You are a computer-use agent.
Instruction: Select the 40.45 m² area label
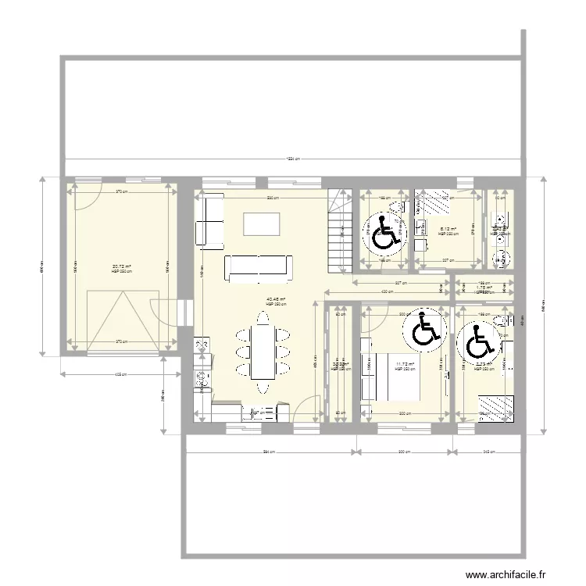(276, 298)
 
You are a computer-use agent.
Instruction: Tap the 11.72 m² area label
(404, 364)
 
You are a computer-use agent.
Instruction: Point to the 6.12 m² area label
(447, 230)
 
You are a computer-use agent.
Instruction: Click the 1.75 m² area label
(484, 288)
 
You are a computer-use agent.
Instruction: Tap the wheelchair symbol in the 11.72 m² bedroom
(422, 329)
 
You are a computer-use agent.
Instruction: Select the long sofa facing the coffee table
(259, 267)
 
